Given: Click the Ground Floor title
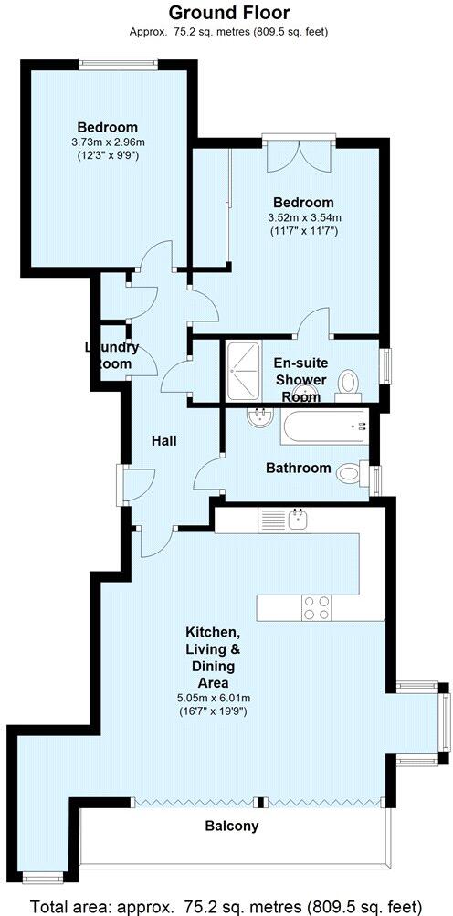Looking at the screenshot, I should (x=229, y=13).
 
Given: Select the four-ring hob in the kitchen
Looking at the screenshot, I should (x=316, y=608).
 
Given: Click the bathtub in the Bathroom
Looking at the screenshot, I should (x=323, y=425).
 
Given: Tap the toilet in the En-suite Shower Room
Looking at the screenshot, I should (x=349, y=381).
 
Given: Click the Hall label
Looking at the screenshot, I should (x=163, y=440).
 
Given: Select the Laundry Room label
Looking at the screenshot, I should (x=111, y=355).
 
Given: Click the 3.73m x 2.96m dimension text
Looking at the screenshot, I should (x=108, y=142).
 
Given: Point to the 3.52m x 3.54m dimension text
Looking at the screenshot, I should (x=304, y=217).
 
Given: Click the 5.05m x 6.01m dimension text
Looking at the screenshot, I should (x=213, y=698).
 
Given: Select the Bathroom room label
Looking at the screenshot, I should (x=298, y=468).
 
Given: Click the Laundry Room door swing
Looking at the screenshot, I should (x=146, y=360).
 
